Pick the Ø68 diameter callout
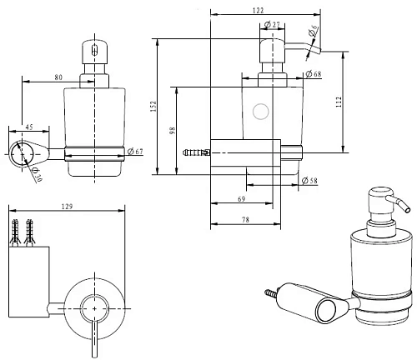[313, 75]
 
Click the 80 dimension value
[58, 77]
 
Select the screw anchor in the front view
[194, 152]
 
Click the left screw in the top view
[17, 230]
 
